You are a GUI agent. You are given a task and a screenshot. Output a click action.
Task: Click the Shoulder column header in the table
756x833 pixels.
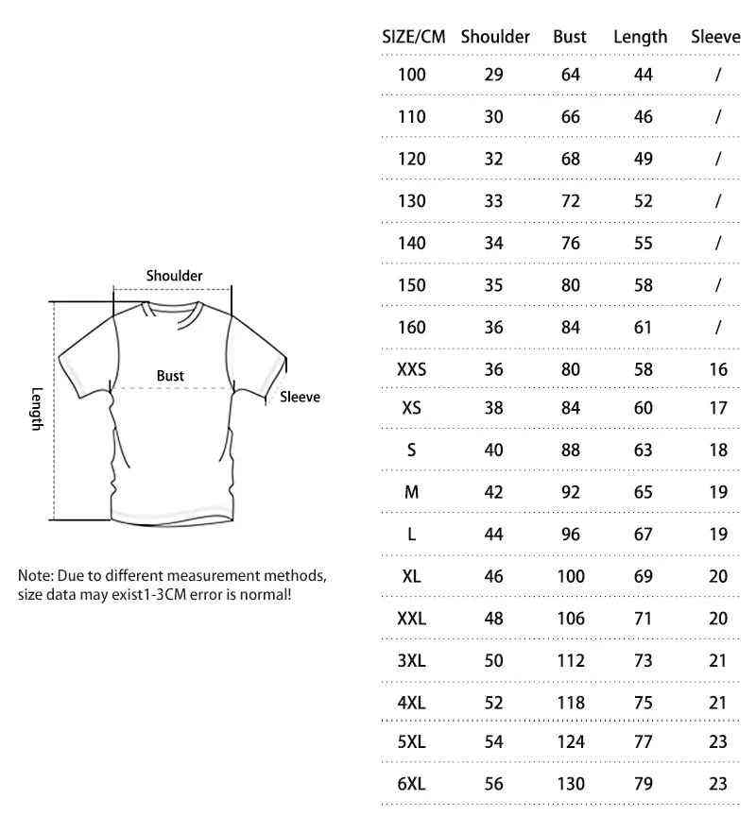[x=494, y=38]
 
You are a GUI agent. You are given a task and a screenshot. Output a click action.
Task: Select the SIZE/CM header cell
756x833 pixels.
[x=413, y=38]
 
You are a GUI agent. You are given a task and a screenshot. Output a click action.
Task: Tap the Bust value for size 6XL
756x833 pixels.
[x=570, y=784]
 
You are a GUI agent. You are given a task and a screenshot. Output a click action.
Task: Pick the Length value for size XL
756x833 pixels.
[x=644, y=576]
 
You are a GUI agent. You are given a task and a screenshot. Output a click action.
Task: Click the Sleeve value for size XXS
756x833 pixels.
[x=718, y=369]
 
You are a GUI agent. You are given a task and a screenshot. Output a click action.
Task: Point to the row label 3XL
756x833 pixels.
[x=412, y=661]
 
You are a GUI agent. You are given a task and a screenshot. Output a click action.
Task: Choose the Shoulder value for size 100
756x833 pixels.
[x=493, y=75]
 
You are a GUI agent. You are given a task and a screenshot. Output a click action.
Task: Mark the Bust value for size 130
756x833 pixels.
[x=570, y=200]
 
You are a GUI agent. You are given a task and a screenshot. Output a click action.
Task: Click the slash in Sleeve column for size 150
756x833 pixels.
[x=718, y=285]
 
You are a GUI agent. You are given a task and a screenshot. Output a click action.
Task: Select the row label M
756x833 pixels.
[x=412, y=492]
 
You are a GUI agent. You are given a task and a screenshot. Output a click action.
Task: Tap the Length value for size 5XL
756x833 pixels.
[x=644, y=742]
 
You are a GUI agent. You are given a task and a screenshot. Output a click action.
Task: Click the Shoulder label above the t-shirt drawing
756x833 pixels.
[x=174, y=276]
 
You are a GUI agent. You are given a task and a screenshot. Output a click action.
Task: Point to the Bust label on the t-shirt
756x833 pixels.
[x=170, y=376]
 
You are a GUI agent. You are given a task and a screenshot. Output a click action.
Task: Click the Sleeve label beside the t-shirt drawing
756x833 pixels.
[x=300, y=398]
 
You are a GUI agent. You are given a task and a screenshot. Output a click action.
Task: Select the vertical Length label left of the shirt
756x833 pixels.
[x=37, y=409]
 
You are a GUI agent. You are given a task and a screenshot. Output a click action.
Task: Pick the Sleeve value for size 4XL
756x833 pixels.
[x=718, y=703]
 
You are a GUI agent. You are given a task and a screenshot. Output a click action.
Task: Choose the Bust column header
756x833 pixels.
[x=570, y=38]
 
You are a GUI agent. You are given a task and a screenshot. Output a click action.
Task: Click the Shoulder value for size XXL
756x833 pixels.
[x=493, y=620]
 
